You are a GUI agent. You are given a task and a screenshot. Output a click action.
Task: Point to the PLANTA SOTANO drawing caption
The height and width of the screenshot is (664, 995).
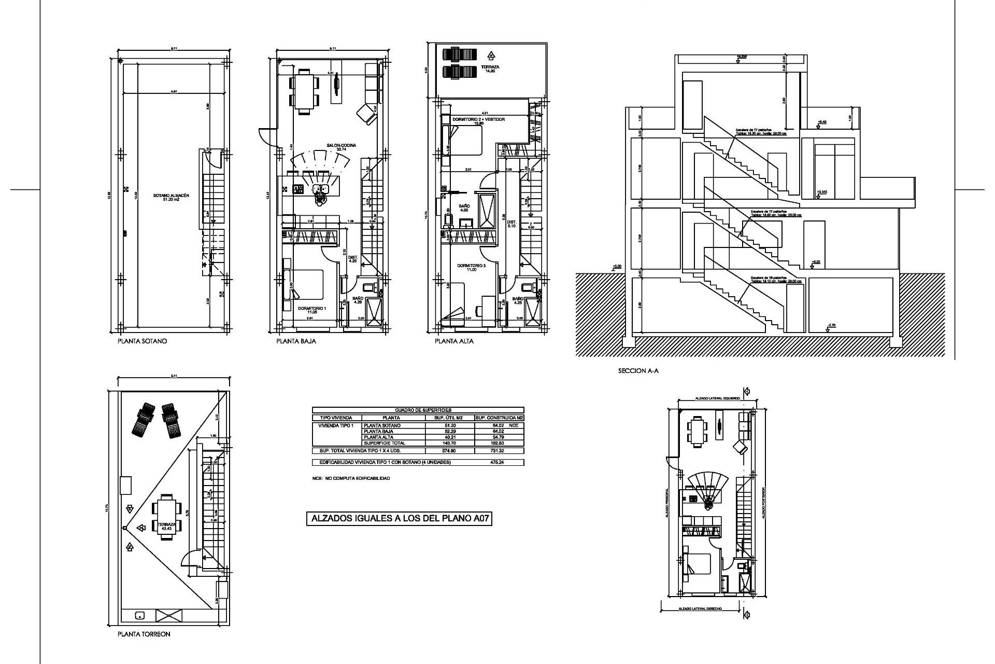pos(142,341)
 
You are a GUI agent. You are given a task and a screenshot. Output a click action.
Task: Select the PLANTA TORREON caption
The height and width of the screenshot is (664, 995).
pos(144,634)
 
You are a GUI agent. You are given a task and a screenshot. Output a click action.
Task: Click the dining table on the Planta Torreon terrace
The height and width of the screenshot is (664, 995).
pos(166,517)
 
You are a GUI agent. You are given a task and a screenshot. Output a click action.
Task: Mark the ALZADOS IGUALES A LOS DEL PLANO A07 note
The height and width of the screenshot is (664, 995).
pos(399,518)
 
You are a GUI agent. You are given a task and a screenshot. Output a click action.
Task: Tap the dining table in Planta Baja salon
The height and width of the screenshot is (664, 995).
pos(304,91)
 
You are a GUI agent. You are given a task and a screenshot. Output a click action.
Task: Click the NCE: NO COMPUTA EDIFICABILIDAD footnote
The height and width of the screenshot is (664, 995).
pos(351,478)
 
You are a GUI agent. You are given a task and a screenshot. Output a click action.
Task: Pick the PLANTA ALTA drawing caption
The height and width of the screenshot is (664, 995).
pos(454,341)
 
